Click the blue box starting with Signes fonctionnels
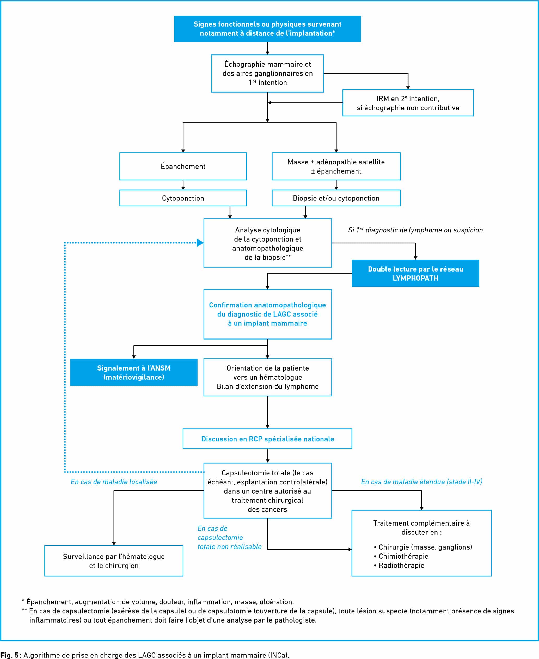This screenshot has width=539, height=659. click(x=267, y=29)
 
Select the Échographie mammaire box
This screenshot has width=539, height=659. click(x=267, y=73)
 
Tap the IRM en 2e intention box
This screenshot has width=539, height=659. click(x=408, y=103)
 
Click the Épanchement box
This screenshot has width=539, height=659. click(x=183, y=167)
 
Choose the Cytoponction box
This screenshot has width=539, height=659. click(x=183, y=198)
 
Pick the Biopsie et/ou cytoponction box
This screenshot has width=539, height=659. click(x=336, y=198)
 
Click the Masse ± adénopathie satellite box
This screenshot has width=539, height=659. click(x=336, y=167)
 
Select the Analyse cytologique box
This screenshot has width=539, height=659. click(x=268, y=243)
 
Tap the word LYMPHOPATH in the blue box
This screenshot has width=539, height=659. click(x=415, y=278)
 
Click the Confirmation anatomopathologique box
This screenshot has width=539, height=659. click(x=268, y=314)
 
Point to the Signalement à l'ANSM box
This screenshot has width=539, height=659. click(x=134, y=372)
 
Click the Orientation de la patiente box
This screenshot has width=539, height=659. click(x=268, y=377)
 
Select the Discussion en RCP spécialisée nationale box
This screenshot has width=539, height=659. click(x=267, y=439)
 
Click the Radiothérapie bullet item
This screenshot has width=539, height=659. click(x=399, y=565)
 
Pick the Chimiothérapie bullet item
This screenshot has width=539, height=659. click(x=401, y=556)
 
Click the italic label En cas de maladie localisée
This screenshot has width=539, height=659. click(x=114, y=482)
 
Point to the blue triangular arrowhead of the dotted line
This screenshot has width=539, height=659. click(x=200, y=243)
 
